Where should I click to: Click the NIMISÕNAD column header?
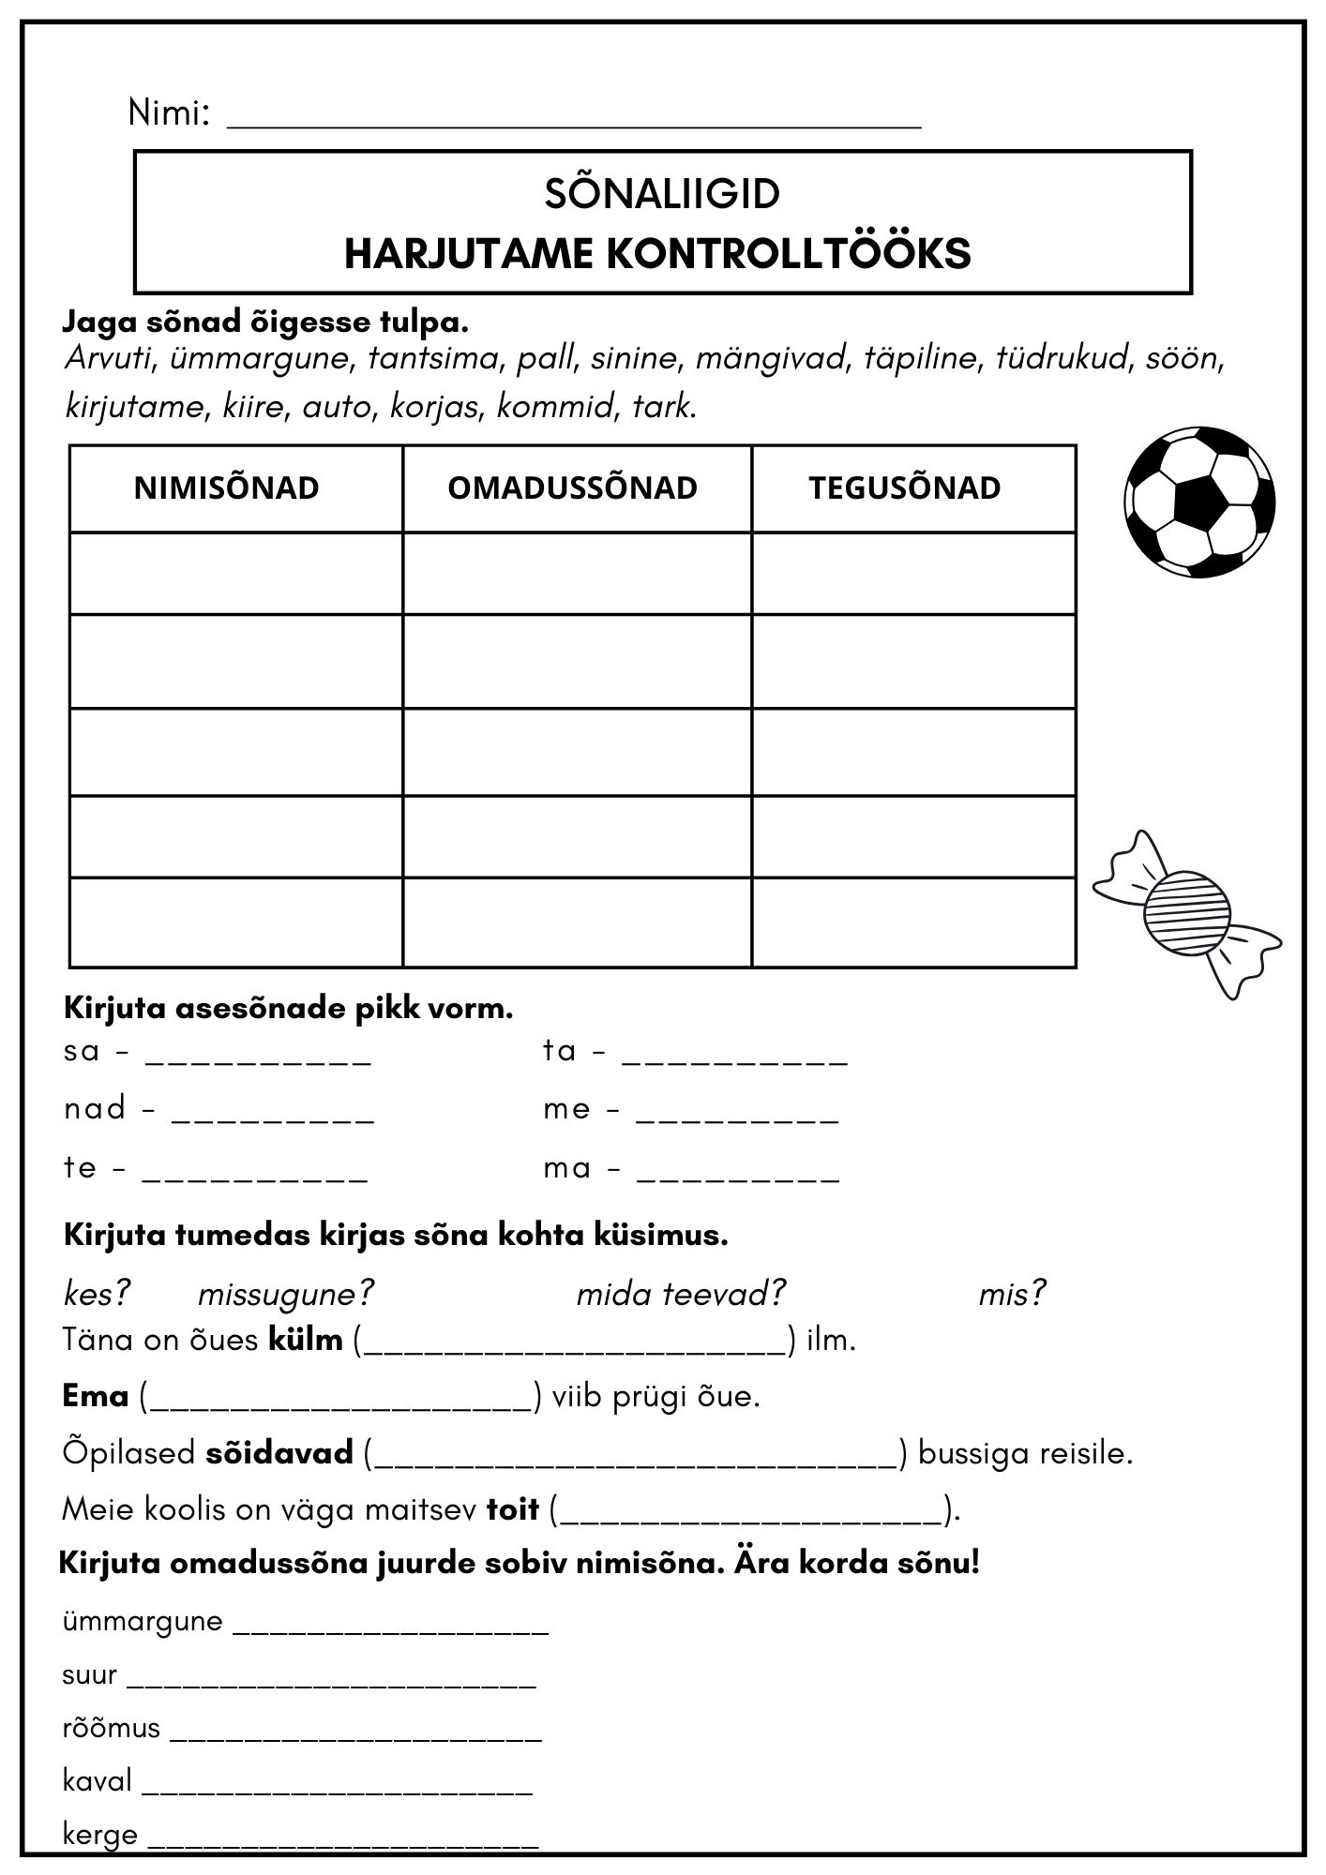[226, 488]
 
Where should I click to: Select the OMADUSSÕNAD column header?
[572, 488]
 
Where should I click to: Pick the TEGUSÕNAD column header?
[905, 488]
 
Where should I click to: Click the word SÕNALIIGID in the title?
[662, 194]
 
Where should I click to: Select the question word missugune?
[285, 1295]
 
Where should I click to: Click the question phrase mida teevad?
[680, 1295]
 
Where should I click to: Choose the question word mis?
[1011, 1295]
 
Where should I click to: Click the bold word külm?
[306, 1340]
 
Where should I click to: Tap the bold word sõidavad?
[279, 1453]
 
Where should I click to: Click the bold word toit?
[513, 1509]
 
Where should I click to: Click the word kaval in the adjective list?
[98, 1780]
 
